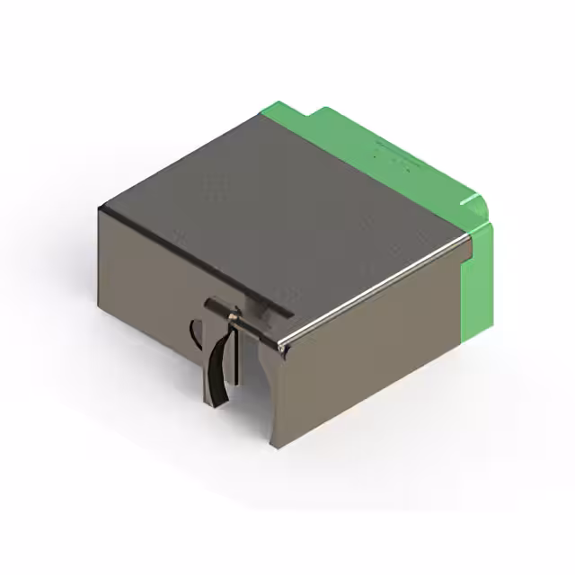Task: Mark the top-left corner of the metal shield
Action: click(x=101, y=208)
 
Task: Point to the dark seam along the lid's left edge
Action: click(x=180, y=252)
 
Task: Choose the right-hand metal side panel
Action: click(x=368, y=359)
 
